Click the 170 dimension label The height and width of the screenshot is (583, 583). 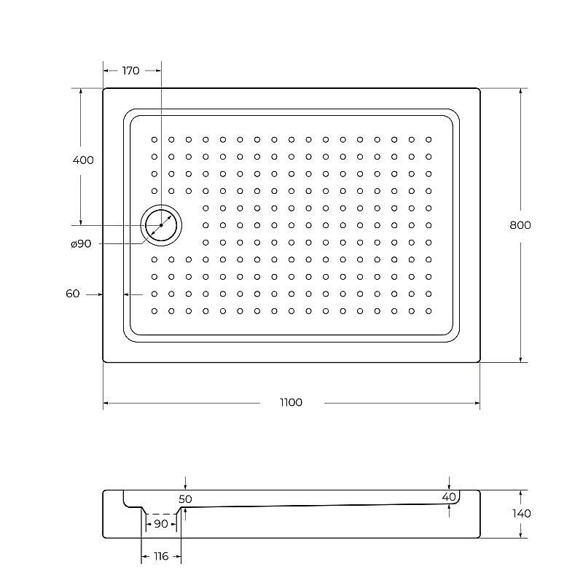131,71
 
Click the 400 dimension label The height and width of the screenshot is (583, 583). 84,160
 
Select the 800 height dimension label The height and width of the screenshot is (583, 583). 520,225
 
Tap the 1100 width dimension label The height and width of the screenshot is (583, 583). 289,403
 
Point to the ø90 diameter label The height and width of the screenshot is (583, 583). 81,244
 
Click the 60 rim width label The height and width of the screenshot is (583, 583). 72,294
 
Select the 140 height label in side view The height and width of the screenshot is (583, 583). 521,513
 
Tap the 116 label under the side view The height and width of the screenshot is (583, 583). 161,557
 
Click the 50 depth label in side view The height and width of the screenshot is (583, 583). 184,499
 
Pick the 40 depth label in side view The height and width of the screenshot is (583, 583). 448,497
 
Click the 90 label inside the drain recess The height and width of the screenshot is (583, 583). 160,524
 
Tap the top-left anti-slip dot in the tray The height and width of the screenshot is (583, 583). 154,138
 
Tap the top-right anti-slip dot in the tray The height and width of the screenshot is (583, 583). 429,138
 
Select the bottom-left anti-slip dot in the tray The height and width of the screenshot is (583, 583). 154,311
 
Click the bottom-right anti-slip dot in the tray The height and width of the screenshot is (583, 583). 429,311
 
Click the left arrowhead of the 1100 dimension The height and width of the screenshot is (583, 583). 106,403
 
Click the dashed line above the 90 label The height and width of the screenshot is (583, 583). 160,513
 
